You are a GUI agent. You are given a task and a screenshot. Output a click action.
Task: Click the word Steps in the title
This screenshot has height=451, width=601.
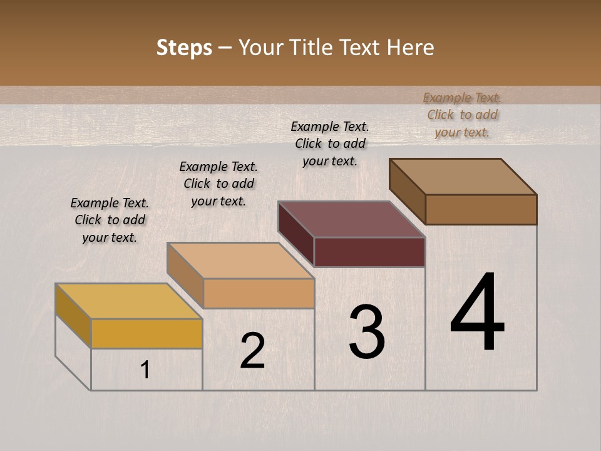(183, 48)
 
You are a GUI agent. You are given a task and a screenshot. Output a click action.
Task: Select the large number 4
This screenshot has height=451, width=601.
(477, 313)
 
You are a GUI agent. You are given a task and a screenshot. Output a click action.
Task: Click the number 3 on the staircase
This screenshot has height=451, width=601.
(366, 333)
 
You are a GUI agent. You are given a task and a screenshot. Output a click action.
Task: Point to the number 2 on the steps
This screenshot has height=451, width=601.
(252, 351)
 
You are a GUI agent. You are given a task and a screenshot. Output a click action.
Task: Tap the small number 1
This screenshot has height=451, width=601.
(145, 370)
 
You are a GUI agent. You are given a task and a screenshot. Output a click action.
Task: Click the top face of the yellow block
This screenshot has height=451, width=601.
(128, 301)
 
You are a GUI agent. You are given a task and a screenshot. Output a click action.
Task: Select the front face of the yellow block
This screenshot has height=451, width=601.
(146, 333)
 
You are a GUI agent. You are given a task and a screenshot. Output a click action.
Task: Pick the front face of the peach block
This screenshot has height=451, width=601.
(259, 293)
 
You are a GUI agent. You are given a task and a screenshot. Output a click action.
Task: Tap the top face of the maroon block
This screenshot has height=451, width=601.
(351, 219)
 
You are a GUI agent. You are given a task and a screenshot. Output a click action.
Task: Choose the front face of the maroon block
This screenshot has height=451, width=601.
(369, 252)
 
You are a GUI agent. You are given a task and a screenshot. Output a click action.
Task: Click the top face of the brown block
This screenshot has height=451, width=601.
(463, 177)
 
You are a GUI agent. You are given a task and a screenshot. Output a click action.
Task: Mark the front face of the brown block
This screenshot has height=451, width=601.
(481, 209)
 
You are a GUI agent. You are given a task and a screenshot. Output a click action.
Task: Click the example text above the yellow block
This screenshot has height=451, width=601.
(110, 220)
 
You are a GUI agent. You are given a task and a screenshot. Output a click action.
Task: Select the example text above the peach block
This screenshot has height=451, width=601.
(218, 184)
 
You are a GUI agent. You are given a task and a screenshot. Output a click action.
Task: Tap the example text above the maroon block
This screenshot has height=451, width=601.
(330, 143)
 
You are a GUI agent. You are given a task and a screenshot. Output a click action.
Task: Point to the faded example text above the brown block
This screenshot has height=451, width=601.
(462, 115)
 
